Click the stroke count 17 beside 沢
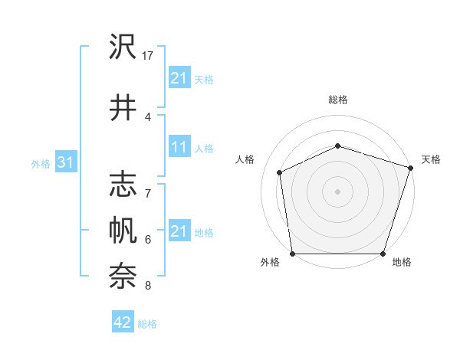point(149,56)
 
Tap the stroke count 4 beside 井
point(148,117)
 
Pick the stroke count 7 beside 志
point(148,194)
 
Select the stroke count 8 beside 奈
point(148,286)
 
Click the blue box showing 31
point(66,162)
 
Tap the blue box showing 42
point(123,323)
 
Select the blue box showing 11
point(179,147)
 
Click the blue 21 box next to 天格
point(179,78)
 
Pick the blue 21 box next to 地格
point(179,231)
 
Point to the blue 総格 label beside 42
point(147,324)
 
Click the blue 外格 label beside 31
point(41,163)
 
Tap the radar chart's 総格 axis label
point(338,100)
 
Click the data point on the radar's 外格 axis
point(292,254)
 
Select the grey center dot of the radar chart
point(338,191)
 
